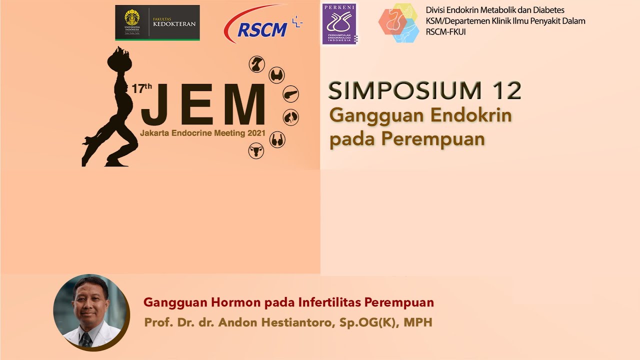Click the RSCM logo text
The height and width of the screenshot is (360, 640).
pyautogui.click(x=262, y=30)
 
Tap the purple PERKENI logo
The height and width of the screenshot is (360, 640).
pyautogui.click(x=339, y=24)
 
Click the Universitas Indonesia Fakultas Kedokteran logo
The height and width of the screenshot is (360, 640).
pyautogui.click(x=157, y=22)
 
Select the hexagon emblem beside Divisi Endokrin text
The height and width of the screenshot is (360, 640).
pyautogui.click(x=398, y=23)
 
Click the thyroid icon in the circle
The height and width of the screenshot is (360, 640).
pyautogui.click(x=276, y=75)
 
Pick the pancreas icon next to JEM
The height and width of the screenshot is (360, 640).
pyautogui.click(x=290, y=94)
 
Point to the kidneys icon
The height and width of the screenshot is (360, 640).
pyautogui.click(x=290, y=117)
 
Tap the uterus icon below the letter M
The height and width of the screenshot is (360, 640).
pyautogui.click(x=256, y=150)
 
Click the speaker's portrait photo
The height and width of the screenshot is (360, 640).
pyautogui.click(x=90, y=311)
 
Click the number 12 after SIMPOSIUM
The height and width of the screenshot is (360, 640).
pyautogui.click(x=506, y=90)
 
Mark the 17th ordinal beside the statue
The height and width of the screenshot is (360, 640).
pyautogui.click(x=141, y=88)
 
